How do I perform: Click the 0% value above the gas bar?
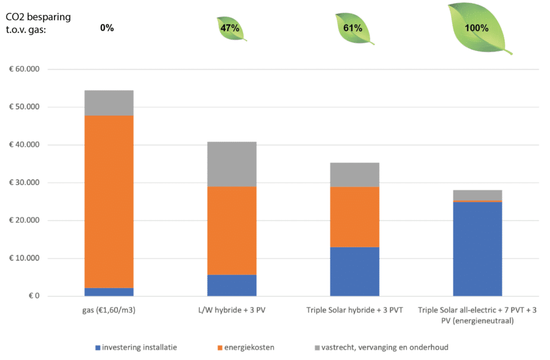pyautogui.click(x=107, y=28)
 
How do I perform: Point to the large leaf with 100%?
pyautogui.click(x=477, y=28)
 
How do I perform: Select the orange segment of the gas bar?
pyautogui.click(x=109, y=201)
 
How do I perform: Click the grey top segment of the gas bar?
pyautogui.click(x=109, y=103)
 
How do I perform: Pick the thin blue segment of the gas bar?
pyautogui.click(x=109, y=292)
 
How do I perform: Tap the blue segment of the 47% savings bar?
pyautogui.click(x=231, y=285)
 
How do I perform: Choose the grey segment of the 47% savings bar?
pyautogui.click(x=231, y=164)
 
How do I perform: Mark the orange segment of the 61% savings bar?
pyautogui.click(x=354, y=217)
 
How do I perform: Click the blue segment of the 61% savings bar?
pyautogui.click(x=354, y=271)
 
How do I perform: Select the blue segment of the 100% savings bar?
pyautogui.click(x=477, y=249)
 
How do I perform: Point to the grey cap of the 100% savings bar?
pyautogui.click(x=477, y=195)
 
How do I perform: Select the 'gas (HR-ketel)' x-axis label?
pyautogui.click(x=109, y=311)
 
